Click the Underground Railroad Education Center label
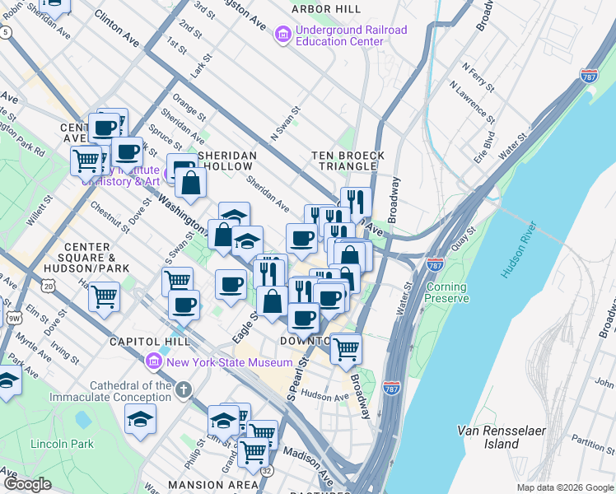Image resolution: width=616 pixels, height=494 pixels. (x=339, y=35)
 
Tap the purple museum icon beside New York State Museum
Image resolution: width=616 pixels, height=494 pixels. (x=152, y=362)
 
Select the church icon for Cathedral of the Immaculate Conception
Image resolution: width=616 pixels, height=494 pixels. (x=183, y=388)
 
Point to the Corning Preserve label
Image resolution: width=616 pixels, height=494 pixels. (x=446, y=292)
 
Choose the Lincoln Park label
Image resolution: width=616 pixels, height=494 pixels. (x=62, y=444)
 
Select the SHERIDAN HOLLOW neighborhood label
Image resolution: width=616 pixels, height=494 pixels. (x=226, y=161)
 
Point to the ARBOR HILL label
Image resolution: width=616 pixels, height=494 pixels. (x=325, y=8)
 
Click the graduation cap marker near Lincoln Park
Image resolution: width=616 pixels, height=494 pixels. (x=141, y=418)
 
